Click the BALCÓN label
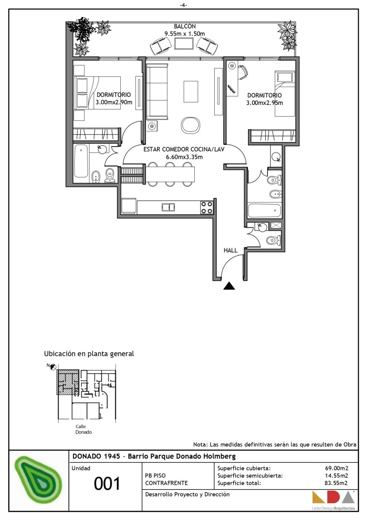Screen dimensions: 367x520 pos(185,26)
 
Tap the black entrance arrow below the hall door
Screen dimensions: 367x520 pos(229,286)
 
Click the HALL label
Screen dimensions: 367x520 pos(230,250)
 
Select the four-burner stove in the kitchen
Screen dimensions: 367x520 pos(206,208)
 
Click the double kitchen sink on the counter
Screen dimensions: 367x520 pos(168,207)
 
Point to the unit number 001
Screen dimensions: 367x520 pos(107,484)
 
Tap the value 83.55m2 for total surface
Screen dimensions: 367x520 pos(336,483)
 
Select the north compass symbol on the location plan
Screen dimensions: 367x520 pos(53,367)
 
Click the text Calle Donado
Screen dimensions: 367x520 pos(84,429)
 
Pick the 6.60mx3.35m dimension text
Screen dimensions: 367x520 pos(184,157)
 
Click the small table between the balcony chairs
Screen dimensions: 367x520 pos(184,43)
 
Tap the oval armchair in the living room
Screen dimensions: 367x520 pos(190,125)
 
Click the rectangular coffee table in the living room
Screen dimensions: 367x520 pos(191,91)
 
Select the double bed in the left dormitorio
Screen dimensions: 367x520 pos(97,93)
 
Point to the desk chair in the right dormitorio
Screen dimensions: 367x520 pos(242,72)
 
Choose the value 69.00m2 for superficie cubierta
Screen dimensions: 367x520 pos(337,468)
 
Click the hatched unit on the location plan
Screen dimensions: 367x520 pos(68,382)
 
